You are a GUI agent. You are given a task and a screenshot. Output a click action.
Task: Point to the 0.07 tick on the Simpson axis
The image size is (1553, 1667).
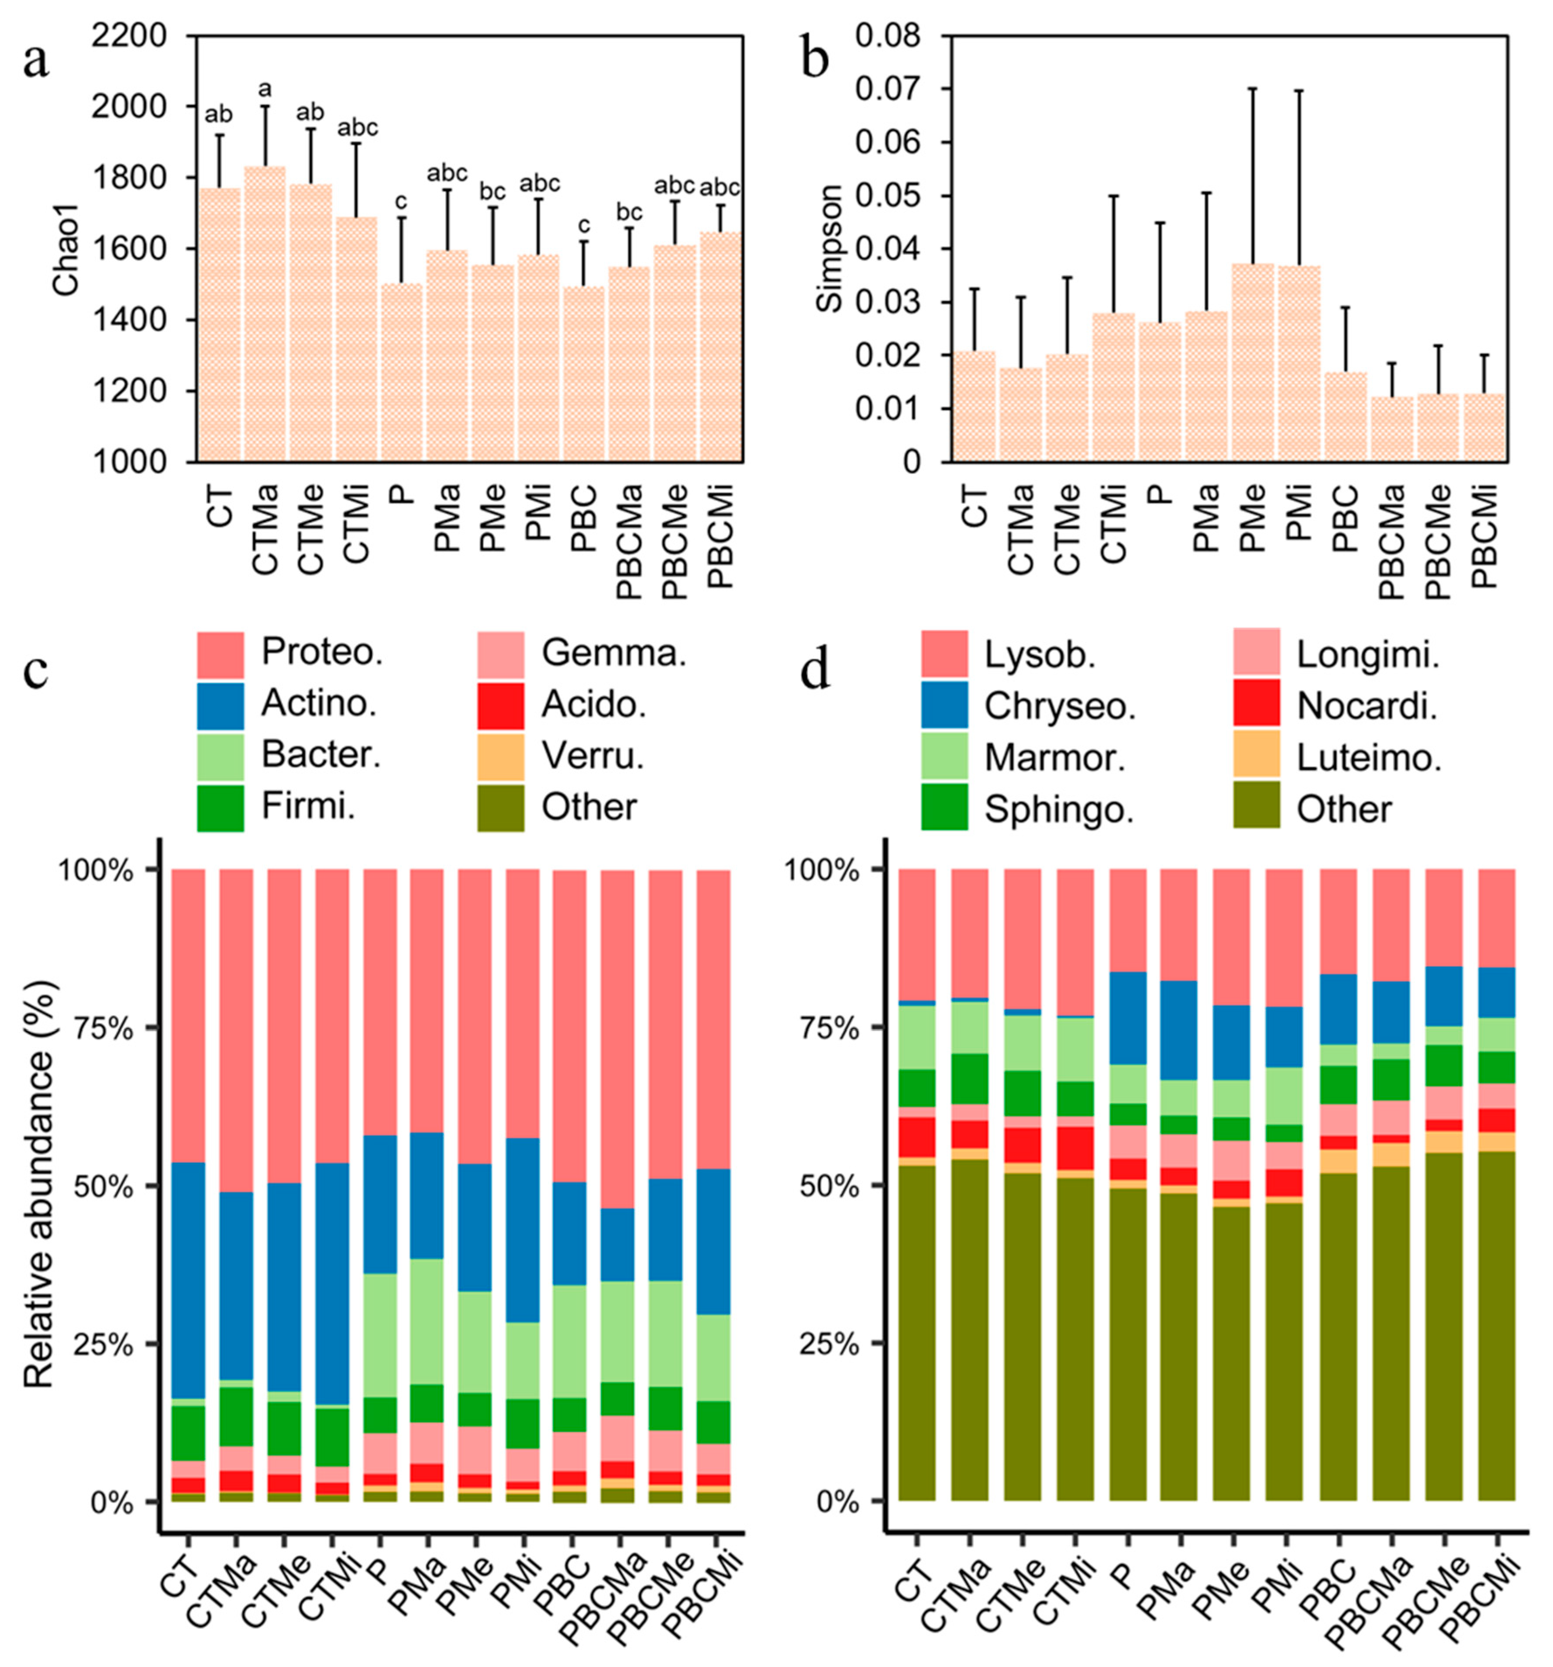pos(887,89)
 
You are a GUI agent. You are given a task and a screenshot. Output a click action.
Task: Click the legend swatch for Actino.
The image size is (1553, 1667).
pos(220,706)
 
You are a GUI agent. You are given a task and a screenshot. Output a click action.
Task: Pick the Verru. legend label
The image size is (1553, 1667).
pos(592,756)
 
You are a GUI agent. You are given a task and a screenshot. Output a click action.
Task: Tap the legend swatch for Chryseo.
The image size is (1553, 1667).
pos(944,706)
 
